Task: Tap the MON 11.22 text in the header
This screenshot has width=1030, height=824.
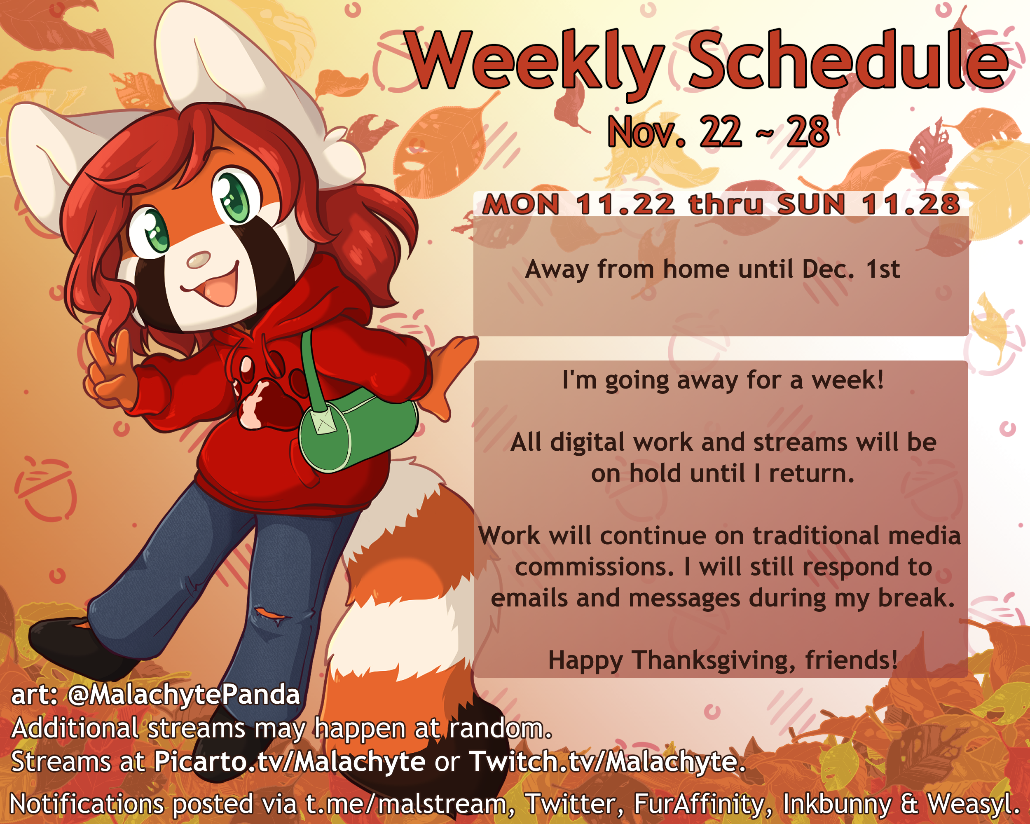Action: click(x=578, y=204)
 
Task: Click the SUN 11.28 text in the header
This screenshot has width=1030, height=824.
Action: click(x=868, y=204)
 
